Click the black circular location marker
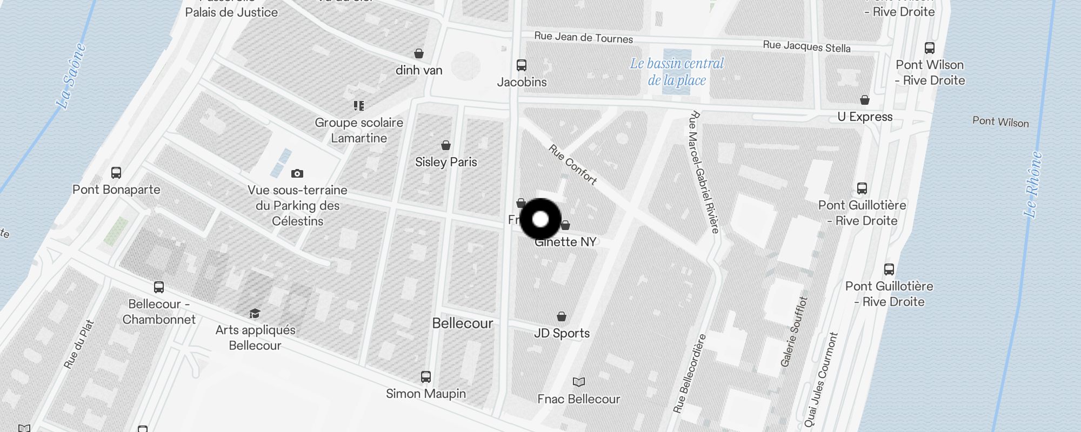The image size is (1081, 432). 540,219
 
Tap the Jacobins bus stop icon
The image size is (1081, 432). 522,65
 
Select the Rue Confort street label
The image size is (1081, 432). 573,164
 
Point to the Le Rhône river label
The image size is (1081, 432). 1033,184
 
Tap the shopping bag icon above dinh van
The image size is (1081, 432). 419,53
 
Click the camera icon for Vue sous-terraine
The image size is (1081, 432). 297,173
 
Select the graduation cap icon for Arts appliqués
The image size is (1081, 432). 255,314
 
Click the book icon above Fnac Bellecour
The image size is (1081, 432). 579,382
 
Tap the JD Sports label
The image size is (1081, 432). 562,333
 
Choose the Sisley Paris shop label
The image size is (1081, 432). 446,162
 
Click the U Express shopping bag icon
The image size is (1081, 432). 865,100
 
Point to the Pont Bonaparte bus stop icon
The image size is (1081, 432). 116,173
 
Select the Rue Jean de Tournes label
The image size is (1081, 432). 583,37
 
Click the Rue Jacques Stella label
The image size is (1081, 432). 806,46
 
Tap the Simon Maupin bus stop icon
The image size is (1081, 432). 426,376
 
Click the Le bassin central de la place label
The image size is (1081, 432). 677,72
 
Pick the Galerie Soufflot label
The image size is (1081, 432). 794,332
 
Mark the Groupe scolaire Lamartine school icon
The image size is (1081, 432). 359,105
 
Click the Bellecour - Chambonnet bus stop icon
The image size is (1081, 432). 159,287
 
